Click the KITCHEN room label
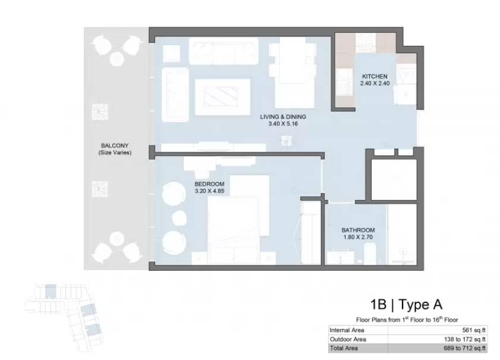pyautogui.click(x=375, y=77)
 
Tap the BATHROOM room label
pyautogui.click(x=358, y=230)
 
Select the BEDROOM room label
pyautogui.click(x=209, y=184)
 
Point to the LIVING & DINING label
pyautogui.click(x=283, y=117)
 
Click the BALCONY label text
pyautogui.click(x=115, y=146)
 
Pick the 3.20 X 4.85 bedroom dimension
pyautogui.click(x=209, y=191)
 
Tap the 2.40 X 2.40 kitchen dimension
pyautogui.click(x=375, y=84)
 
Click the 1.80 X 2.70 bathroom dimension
pyautogui.click(x=358, y=237)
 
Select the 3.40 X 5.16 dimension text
pyautogui.click(x=283, y=124)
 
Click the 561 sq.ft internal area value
pyautogui.click(x=474, y=330)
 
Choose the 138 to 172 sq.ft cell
pyautogui.click(x=464, y=339)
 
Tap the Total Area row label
pyautogui.click(x=344, y=348)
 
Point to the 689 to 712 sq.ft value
pyautogui.click(x=464, y=348)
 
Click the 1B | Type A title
pyautogui.click(x=406, y=305)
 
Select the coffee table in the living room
pyautogui.click(x=222, y=96)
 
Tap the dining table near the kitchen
pyautogui.click(x=293, y=73)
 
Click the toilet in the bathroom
pyautogui.click(x=370, y=253)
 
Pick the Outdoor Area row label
pyautogui.click(x=348, y=339)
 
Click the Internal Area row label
pyautogui.click(x=347, y=330)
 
